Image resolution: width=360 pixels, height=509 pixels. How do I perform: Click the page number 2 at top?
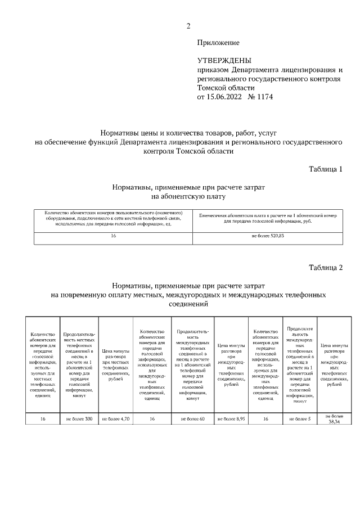pos(188,25)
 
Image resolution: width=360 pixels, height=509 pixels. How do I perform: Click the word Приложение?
pos(218,43)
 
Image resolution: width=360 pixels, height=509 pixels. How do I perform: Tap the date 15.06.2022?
pos(223,97)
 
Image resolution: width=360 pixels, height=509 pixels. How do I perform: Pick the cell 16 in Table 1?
pos(114,236)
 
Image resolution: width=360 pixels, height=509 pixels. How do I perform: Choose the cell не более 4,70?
pos(115,418)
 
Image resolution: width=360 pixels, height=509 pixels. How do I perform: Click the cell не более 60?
pos(193,418)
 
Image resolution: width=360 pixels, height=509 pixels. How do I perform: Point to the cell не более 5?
pos(299,418)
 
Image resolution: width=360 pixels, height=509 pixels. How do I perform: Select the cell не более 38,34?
pos(334,418)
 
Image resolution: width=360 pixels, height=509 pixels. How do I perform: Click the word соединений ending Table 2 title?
pos(188,304)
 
